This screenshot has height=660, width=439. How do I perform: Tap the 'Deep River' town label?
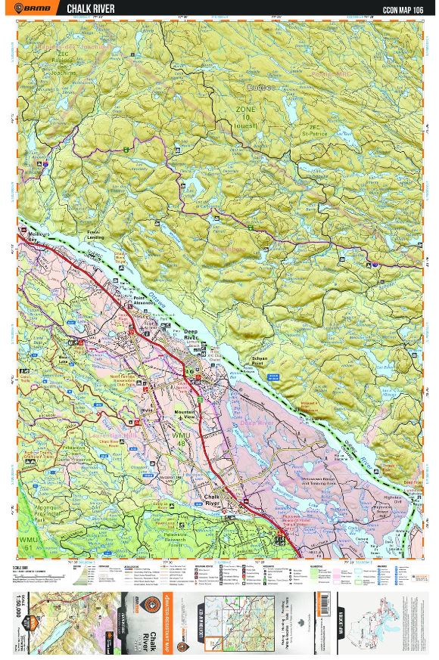pos(193,336)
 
